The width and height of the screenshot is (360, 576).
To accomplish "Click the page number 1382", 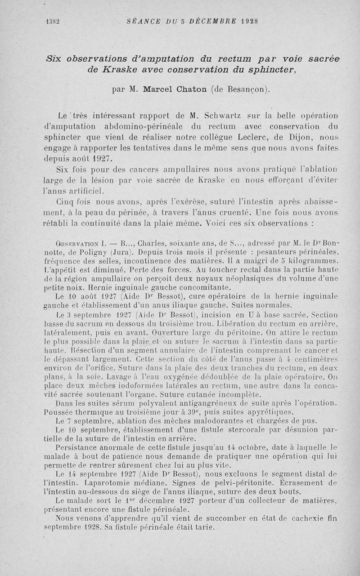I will [53, 21].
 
